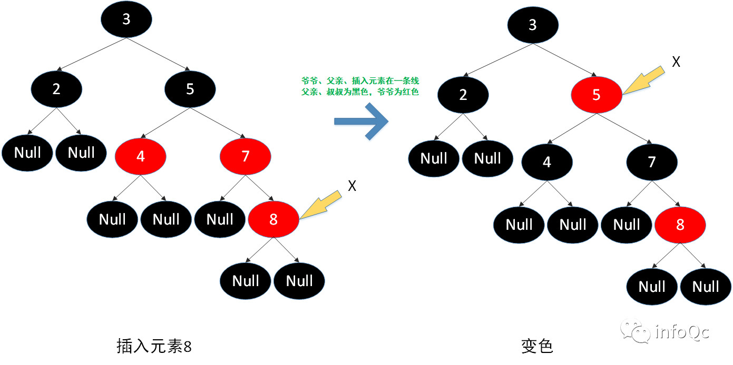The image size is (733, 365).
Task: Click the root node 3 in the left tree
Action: pyautogui.click(x=126, y=19)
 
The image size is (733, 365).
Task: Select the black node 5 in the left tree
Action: pyautogui.click(x=190, y=89)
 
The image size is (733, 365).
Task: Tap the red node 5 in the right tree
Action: pyautogui.click(x=596, y=95)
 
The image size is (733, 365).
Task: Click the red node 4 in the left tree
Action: pyautogui.click(x=140, y=156)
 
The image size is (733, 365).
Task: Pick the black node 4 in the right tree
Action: pyautogui.click(x=547, y=162)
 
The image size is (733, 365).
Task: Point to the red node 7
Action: pyautogui.click(x=245, y=156)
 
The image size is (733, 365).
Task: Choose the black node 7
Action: pyautogui.click(x=652, y=162)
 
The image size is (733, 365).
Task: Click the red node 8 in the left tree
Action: pyautogui.click(x=273, y=219)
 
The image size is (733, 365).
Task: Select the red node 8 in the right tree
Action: pyautogui.click(x=680, y=225)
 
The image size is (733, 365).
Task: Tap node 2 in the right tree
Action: pyautogui.click(x=463, y=95)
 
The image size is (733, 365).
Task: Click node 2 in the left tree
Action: pyautogui.click(x=56, y=89)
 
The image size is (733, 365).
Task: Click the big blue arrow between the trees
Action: pyautogui.click(x=362, y=121)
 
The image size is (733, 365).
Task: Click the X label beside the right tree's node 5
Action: pyautogui.click(x=676, y=62)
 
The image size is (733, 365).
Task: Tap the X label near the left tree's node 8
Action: pyautogui.click(x=353, y=186)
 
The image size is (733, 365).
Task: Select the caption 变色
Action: pyautogui.click(x=536, y=346)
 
